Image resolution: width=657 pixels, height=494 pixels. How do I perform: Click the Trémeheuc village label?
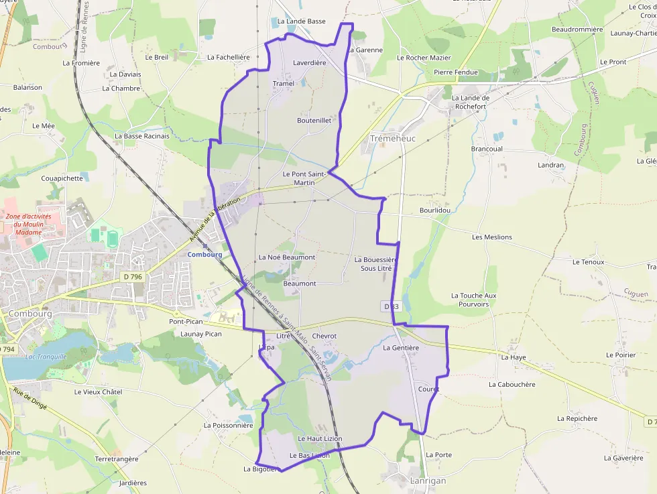tap(393, 138)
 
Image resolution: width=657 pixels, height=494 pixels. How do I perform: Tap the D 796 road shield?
tap(133, 277)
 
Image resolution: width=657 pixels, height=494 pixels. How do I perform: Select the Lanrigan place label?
tap(428, 481)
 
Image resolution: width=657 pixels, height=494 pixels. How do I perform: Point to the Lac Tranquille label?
tap(46, 357)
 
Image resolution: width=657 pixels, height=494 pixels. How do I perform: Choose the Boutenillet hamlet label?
tap(314, 121)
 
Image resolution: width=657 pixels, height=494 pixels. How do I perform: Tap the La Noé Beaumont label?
tap(287, 257)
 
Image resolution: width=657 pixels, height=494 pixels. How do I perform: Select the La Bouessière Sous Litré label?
tap(376, 263)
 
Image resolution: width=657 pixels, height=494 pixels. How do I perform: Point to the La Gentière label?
tap(401, 348)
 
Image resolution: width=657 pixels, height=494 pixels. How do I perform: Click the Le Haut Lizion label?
tap(320, 438)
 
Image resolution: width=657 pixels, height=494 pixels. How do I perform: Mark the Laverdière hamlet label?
tap(310, 63)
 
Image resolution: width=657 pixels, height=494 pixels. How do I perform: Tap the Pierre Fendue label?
tap(456, 72)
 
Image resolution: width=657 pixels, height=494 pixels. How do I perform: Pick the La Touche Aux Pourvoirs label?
tap(474, 300)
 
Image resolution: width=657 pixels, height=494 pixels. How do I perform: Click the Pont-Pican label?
tap(185, 322)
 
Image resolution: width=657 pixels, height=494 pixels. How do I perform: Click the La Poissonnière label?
tap(229, 425)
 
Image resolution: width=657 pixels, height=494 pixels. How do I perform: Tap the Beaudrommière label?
tap(577, 29)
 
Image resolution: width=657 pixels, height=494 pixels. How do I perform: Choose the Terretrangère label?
tap(117, 459)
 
